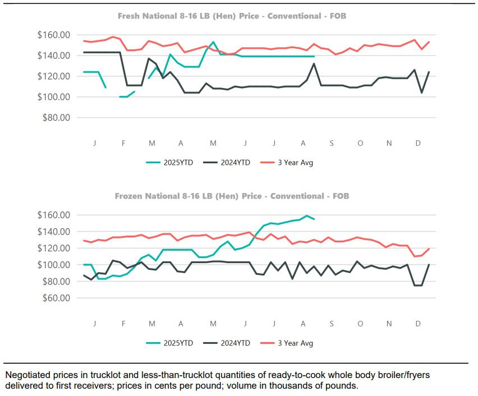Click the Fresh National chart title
point(232,16)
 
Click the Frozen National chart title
point(232,196)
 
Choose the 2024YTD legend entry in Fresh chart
point(231,163)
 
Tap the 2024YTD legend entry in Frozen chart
point(231,343)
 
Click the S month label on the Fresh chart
point(332,144)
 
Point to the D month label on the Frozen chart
point(418,324)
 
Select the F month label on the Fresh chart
point(123,144)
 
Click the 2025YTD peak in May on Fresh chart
point(213,42)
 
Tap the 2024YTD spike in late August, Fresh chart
point(314,63)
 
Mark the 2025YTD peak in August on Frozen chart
point(306,215)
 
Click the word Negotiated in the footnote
point(26,374)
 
